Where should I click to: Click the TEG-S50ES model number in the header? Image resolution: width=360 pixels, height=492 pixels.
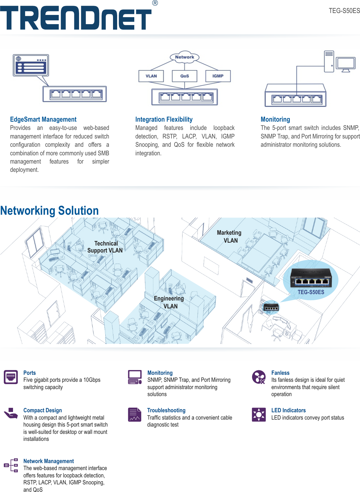click(344, 11)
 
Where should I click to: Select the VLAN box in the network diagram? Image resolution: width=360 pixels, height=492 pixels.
click(151, 76)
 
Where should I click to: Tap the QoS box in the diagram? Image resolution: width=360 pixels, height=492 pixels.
click(184, 76)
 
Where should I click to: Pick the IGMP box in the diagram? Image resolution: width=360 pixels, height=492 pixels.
click(218, 76)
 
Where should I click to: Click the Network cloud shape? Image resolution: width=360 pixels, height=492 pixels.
click(184, 57)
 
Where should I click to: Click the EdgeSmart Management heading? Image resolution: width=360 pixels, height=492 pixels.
click(43, 119)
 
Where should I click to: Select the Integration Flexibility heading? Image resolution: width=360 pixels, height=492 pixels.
click(164, 119)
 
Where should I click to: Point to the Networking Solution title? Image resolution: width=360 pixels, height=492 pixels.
click(50, 211)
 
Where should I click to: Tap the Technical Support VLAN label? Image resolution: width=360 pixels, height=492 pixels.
click(105, 247)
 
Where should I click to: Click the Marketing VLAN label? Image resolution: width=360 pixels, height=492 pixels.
click(230, 237)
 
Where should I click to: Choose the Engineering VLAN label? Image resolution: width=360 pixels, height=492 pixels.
click(169, 302)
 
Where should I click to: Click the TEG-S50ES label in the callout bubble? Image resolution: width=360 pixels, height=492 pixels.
click(311, 292)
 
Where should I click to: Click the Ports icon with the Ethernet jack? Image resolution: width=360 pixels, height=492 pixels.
click(11, 377)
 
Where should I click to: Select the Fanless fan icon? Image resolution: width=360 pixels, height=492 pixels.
click(259, 377)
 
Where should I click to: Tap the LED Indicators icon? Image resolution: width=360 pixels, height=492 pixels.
click(259, 414)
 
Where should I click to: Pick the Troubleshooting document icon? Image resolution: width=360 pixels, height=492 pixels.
click(135, 414)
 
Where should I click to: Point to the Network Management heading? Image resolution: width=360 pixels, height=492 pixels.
click(49, 461)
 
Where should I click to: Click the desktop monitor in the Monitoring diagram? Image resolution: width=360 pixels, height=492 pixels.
click(346, 64)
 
